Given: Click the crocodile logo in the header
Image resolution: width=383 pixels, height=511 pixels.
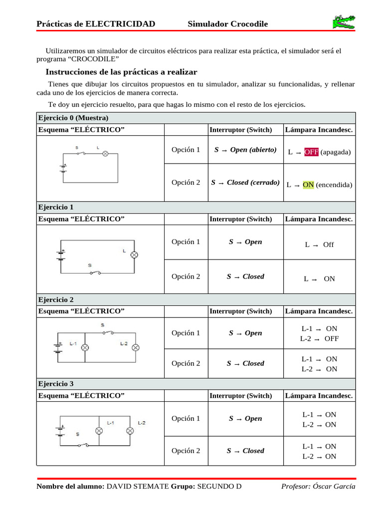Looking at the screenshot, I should coord(344,22).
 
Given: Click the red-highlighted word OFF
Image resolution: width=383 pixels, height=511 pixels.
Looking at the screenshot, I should coord(311,152).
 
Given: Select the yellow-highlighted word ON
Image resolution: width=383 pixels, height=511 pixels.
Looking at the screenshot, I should coord(308,185).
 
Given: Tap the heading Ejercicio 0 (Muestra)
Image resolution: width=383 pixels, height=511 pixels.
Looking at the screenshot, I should coord(73,118).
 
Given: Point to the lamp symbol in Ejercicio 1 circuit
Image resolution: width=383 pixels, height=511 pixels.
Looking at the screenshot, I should coord(134,255).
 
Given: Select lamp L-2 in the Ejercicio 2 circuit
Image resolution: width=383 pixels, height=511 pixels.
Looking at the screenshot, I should coord(135,347).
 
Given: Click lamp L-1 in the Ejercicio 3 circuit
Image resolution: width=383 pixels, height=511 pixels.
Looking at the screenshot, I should coord(99,431).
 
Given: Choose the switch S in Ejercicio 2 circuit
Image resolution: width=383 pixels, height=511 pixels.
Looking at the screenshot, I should coord(108,331).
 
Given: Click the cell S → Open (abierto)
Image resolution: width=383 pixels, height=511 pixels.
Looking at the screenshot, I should coord(245,150).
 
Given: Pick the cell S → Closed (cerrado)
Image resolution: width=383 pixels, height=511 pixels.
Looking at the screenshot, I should coord(245,183).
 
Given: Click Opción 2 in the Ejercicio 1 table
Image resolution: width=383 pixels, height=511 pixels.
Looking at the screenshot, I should coord(186,276).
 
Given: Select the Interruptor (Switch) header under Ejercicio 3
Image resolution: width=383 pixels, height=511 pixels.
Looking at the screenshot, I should coord(241,396).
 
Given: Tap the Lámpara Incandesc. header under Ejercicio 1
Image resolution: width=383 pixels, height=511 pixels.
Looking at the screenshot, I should coord(319,219).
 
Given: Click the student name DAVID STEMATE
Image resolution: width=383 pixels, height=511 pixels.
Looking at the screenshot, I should coord(138,487).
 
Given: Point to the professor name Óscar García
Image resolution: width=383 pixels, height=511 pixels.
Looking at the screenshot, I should coord(334,487).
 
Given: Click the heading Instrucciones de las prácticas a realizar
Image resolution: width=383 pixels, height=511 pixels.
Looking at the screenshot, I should coord(121,72).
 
